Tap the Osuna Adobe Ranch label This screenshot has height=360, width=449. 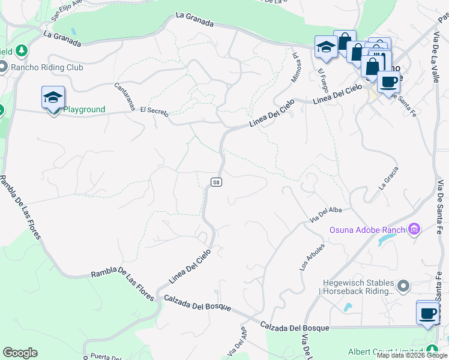point(367,230)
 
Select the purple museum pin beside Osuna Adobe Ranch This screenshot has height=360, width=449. point(413,229)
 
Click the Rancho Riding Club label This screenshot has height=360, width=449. point(47,67)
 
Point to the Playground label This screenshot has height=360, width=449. point(84,110)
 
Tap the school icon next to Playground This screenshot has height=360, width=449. point(53,98)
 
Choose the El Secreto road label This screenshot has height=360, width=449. point(154,112)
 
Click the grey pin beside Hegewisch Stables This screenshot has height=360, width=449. point(403,286)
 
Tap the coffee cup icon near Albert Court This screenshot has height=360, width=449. point(427,313)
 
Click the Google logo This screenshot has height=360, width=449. point(20,353)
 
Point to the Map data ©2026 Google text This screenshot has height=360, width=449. point(412,355)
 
